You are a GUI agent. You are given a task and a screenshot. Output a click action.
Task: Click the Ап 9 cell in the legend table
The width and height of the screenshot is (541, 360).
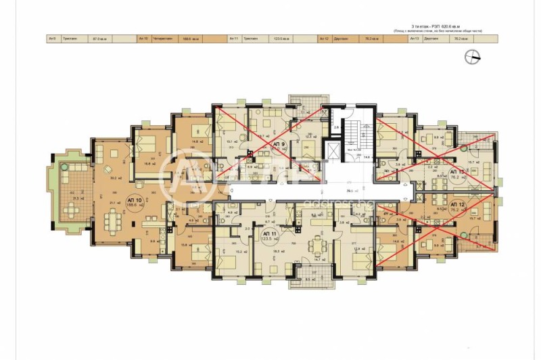pos(53,39)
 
